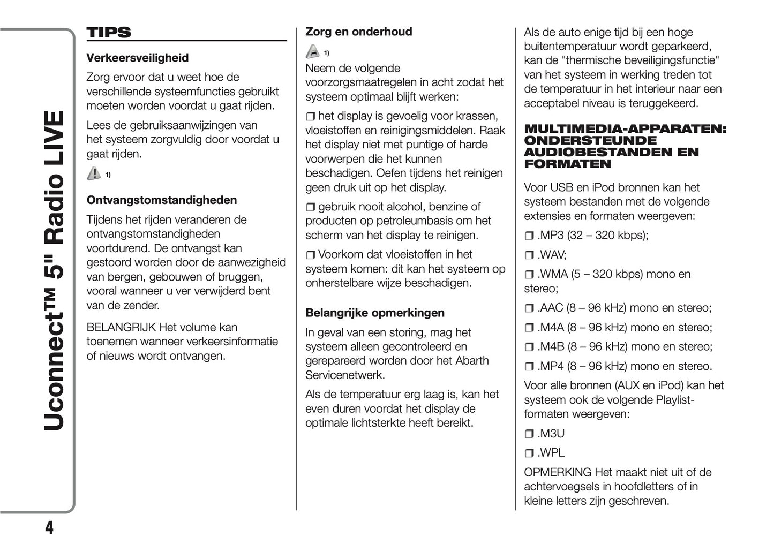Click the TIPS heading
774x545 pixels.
(109, 33)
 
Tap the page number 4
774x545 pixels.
(49, 528)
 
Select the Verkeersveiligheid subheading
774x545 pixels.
(138, 58)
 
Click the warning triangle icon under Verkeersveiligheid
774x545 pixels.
(94, 173)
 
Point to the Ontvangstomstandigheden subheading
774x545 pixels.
(161, 200)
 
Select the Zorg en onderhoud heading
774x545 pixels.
(358, 32)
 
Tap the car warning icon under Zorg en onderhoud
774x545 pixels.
(312, 52)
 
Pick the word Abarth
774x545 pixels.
(472, 361)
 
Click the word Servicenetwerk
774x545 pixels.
(345, 375)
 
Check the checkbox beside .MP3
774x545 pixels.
(529, 236)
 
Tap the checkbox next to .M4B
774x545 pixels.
(529, 347)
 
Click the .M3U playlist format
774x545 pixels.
(551, 434)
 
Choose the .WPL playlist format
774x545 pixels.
(551, 453)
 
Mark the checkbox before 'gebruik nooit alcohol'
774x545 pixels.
(311, 207)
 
